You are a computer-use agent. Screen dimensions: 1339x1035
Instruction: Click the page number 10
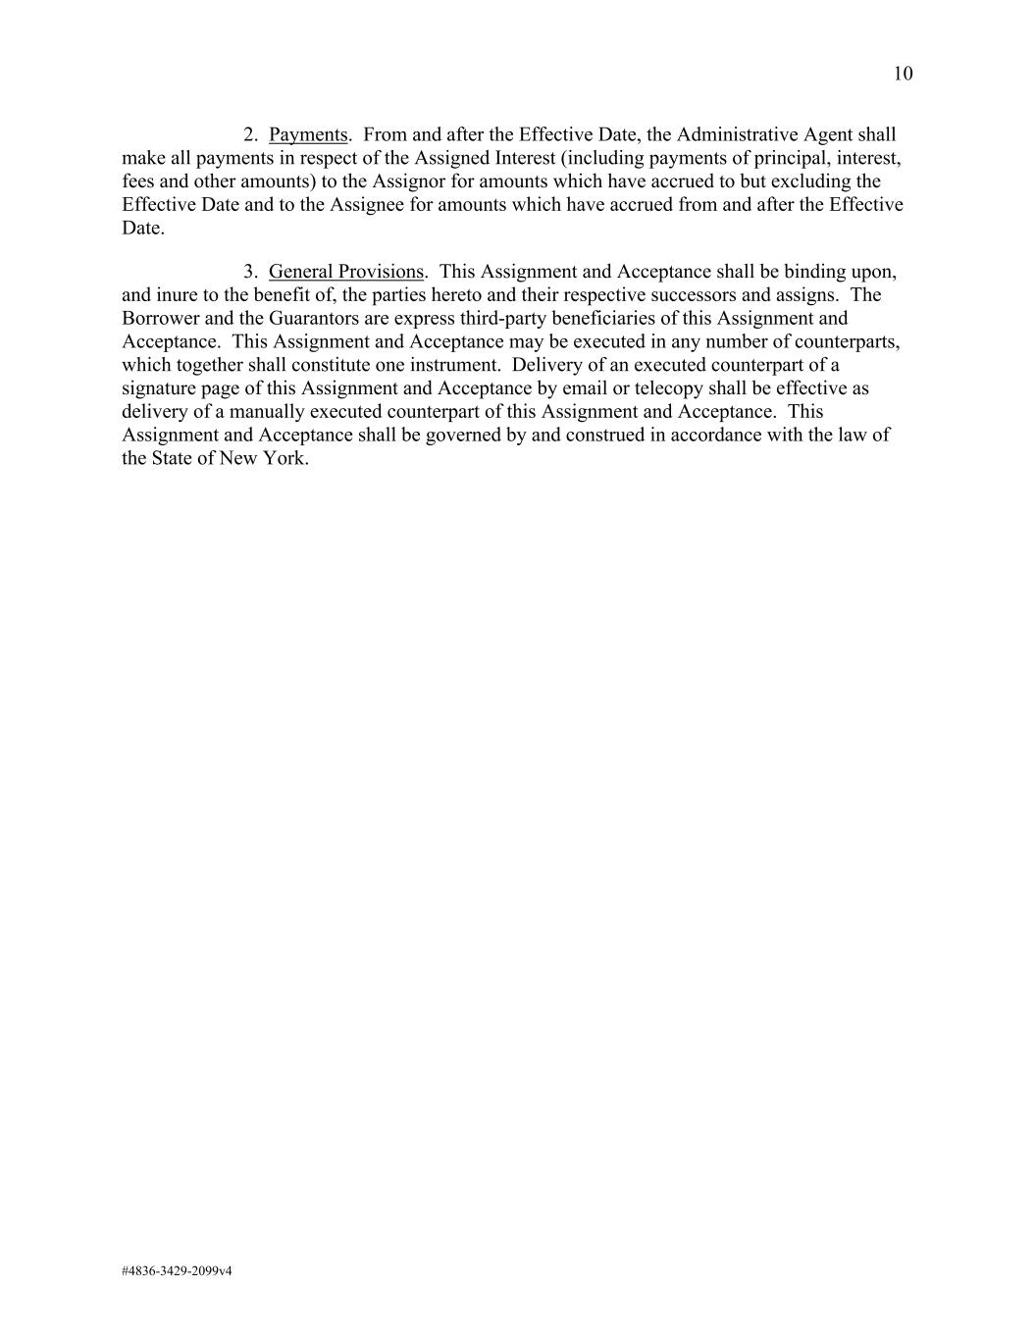[903, 74]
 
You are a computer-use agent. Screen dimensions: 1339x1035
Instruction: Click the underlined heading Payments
[308, 134]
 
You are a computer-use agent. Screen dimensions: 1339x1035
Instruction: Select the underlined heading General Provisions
[346, 272]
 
